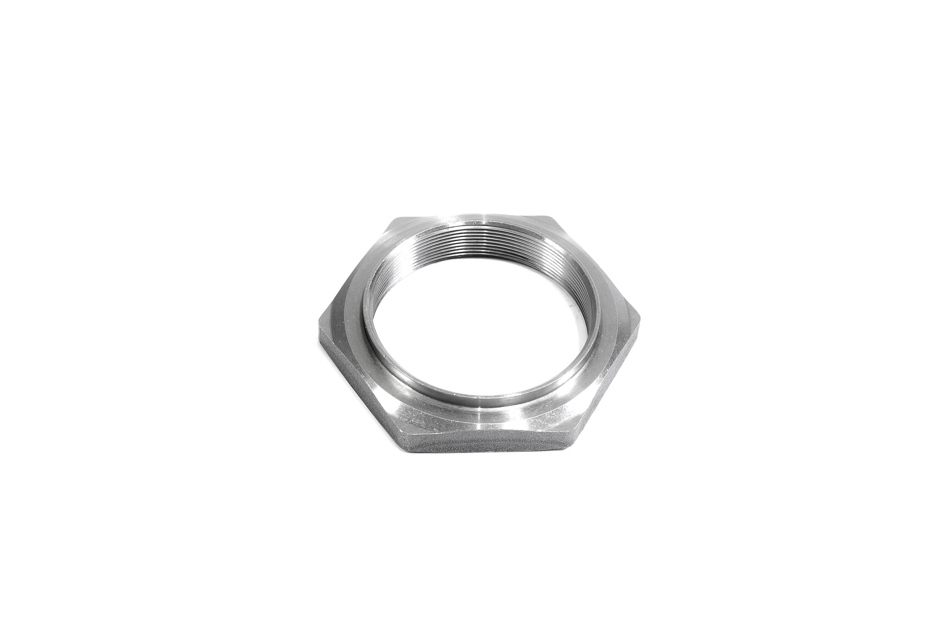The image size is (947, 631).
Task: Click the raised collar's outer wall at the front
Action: [x=481, y=395]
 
